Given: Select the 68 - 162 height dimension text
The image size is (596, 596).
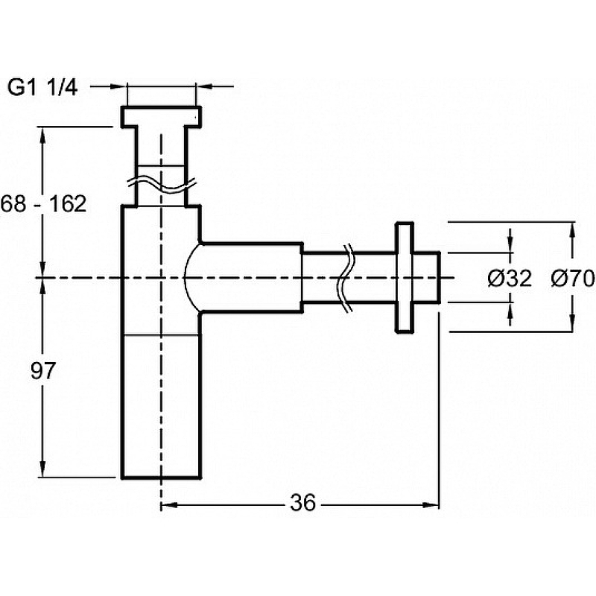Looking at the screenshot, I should (x=43, y=203).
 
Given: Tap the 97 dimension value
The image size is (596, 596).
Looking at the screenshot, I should (x=43, y=371).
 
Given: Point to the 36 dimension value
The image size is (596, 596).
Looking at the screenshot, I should (x=302, y=504).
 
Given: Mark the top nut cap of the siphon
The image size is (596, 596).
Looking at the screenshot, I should (x=160, y=115).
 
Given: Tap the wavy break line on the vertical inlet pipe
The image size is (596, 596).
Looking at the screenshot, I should (x=160, y=183).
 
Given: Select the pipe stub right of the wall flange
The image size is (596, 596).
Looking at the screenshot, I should (x=428, y=277).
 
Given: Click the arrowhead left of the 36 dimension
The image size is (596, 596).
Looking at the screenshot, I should (x=167, y=504).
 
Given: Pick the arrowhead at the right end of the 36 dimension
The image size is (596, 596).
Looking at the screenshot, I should (x=433, y=504).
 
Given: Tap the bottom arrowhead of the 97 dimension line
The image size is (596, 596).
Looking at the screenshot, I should (x=44, y=469).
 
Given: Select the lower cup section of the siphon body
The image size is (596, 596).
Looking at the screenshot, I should (x=160, y=406).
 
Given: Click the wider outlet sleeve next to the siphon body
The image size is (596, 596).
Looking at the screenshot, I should (x=250, y=277).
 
